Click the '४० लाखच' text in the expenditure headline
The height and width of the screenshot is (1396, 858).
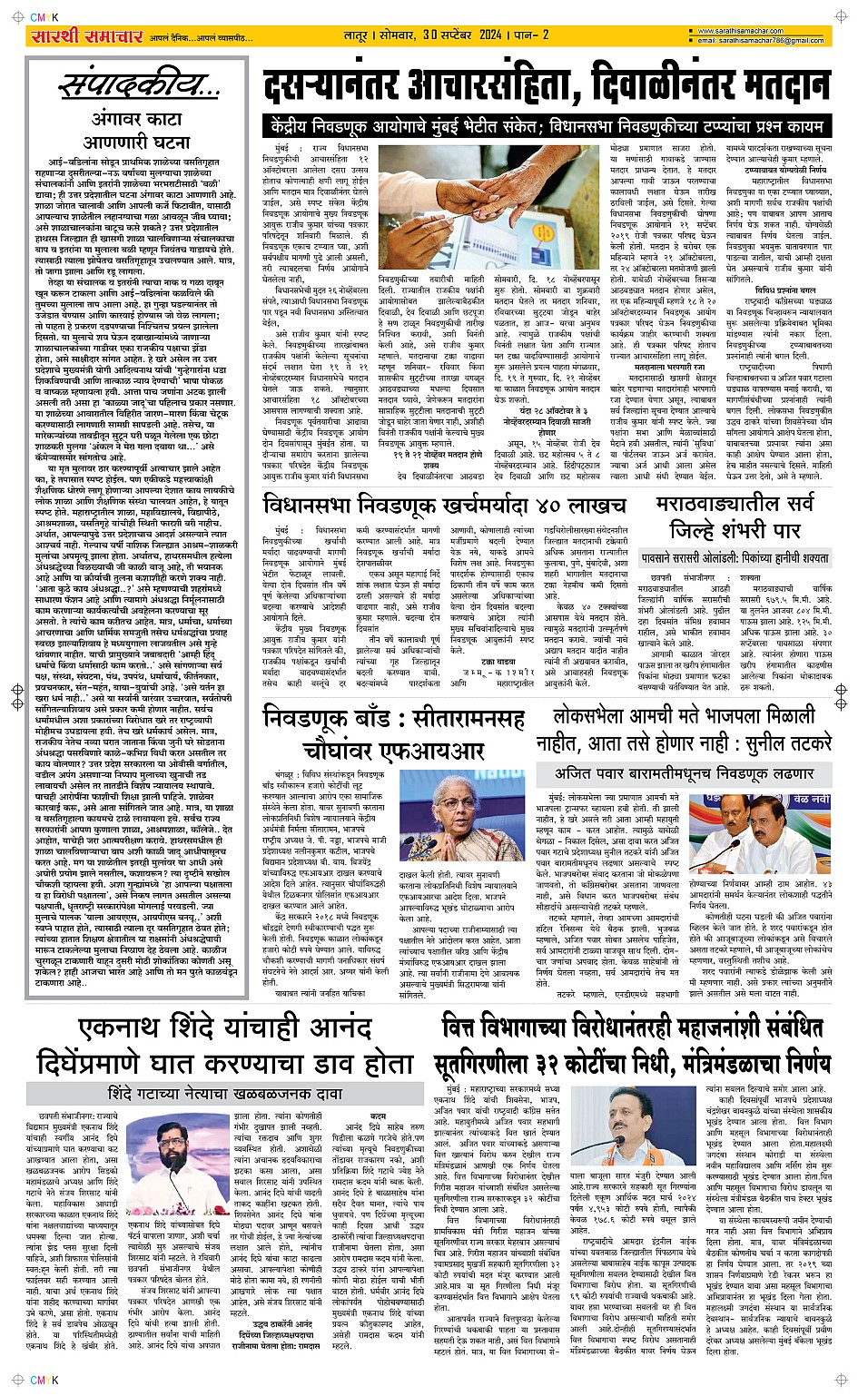click(x=578, y=506)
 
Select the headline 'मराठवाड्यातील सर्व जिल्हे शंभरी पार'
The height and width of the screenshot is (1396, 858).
click(x=742, y=518)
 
